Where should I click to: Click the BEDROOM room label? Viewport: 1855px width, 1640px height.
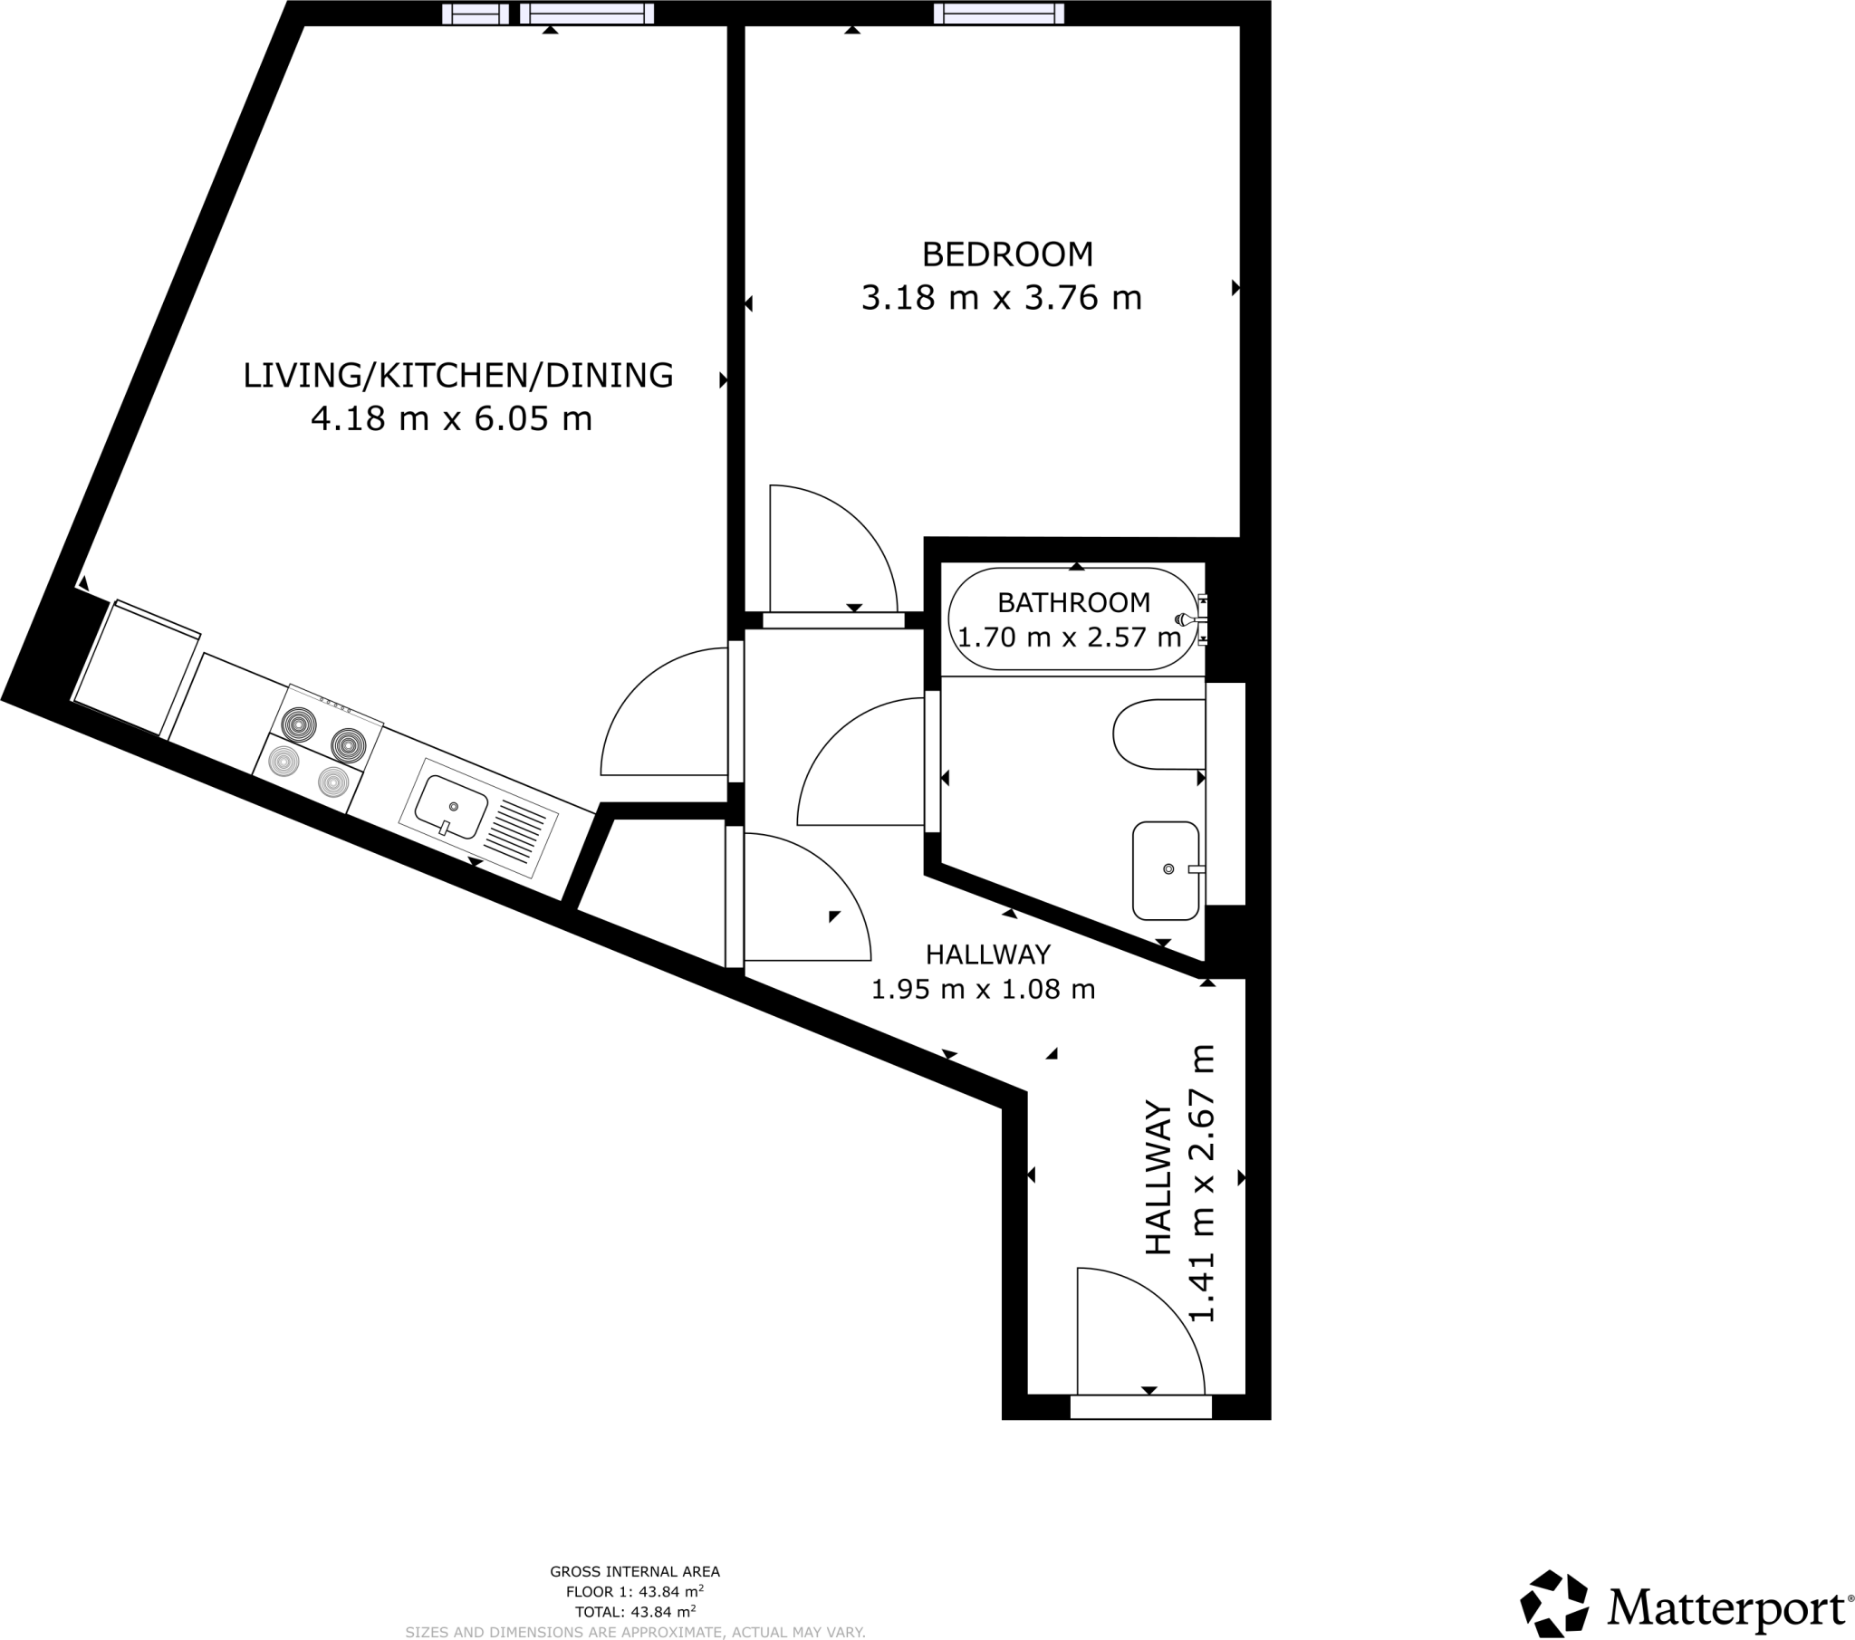(x=1007, y=254)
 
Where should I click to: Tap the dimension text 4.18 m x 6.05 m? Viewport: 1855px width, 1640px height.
(x=451, y=418)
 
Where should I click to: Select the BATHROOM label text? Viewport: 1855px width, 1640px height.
(x=1073, y=602)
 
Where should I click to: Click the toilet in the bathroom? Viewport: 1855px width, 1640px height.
(x=1158, y=734)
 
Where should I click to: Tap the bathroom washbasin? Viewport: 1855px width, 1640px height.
(x=1166, y=870)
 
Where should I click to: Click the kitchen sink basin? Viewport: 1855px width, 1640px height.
(x=451, y=806)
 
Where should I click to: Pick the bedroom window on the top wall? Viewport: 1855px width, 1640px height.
(x=998, y=14)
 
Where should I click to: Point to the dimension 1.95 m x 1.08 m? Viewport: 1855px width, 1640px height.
(x=983, y=989)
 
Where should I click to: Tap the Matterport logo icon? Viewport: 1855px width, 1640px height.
(x=1553, y=1604)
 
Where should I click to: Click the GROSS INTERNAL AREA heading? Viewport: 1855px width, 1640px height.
(x=634, y=1572)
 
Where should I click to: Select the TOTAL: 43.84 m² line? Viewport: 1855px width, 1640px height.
(x=634, y=1612)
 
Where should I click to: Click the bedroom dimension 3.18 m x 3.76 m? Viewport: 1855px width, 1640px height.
(x=1001, y=298)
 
